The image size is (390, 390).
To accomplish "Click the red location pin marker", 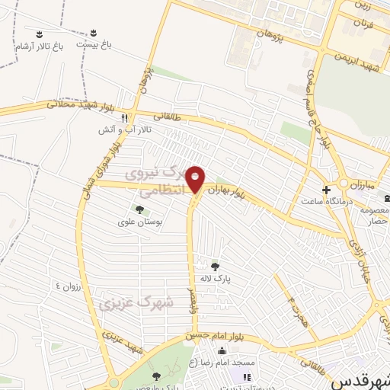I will click(x=196, y=178).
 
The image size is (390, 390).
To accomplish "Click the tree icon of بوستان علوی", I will click(x=139, y=209).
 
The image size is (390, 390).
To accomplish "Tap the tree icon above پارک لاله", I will click(x=216, y=266).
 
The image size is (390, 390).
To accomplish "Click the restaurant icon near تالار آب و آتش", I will click(x=124, y=118).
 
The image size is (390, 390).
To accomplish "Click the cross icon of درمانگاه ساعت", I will click(x=326, y=189).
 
